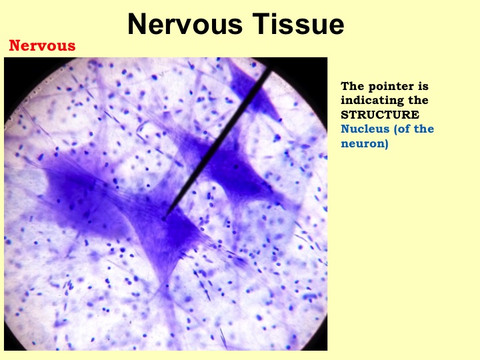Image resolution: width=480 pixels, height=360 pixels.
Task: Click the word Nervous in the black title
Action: pos(185,24)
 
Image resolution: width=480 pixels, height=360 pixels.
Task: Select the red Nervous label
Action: pos(42,45)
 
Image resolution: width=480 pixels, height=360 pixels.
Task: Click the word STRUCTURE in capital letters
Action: pos(380,115)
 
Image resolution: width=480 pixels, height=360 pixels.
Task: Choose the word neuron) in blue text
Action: pos(365,143)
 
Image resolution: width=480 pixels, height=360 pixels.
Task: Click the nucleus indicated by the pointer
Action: pos(164,219)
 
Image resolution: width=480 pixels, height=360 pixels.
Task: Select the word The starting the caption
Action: pos(353,86)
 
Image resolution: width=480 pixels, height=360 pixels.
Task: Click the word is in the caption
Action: pos(423,86)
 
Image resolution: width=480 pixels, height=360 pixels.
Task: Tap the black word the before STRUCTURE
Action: pos(418,100)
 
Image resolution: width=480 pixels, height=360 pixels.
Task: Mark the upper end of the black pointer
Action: pos(270,72)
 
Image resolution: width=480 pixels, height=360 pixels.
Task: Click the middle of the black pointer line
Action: pos(218,144)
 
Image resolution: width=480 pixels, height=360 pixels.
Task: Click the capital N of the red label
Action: pos(15,45)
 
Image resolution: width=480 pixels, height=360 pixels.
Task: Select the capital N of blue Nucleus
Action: pos(345,129)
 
